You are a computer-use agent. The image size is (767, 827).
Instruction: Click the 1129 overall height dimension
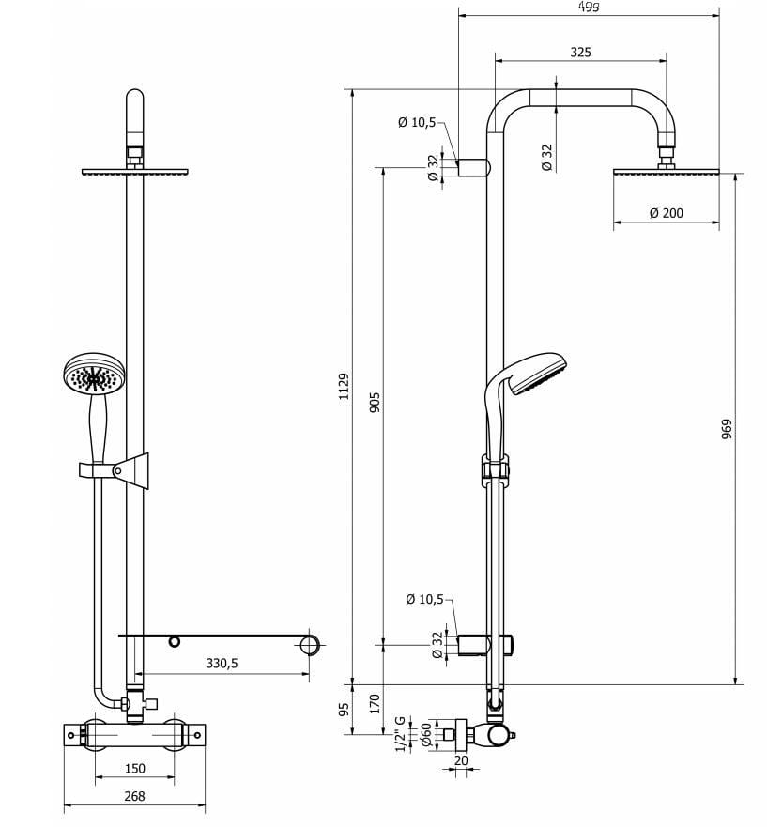[344, 386]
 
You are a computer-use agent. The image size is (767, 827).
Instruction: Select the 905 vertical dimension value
[375, 402]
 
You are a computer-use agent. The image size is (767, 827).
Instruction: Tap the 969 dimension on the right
[726, 428]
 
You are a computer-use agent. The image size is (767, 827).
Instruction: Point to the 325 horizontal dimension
[580, 53]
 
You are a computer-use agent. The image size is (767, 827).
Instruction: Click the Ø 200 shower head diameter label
[666, 213]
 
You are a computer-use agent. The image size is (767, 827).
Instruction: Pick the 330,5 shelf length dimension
[222, 663]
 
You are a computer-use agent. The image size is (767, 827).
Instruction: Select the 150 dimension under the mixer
[134, 769]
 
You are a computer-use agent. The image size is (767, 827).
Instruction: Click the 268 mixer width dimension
[134, 796]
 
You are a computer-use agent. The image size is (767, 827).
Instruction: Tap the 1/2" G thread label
[400, 733]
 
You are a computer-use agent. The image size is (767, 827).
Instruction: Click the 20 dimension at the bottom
[460, 760]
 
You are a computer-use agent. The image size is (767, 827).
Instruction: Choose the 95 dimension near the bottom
[344, 709]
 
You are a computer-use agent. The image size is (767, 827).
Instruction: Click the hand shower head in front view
[93, 375]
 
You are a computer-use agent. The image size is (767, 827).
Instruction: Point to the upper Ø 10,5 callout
[416, 122]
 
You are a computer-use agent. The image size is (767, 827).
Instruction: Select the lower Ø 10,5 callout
[424, 599]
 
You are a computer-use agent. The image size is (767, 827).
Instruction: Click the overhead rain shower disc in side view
[666, 172]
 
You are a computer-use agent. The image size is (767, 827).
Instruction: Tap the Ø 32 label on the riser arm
[546, 156]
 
